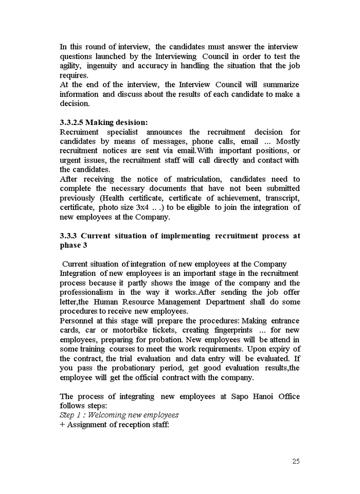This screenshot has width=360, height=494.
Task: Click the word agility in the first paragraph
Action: point(70,66)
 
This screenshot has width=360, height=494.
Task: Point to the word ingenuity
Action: point(102,66)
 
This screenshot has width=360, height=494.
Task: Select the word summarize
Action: point(281,84)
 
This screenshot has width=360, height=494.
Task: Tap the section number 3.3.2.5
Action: point(71,122)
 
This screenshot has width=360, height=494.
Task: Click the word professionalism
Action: point(86,292)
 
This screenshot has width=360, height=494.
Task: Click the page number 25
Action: point(296,462)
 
